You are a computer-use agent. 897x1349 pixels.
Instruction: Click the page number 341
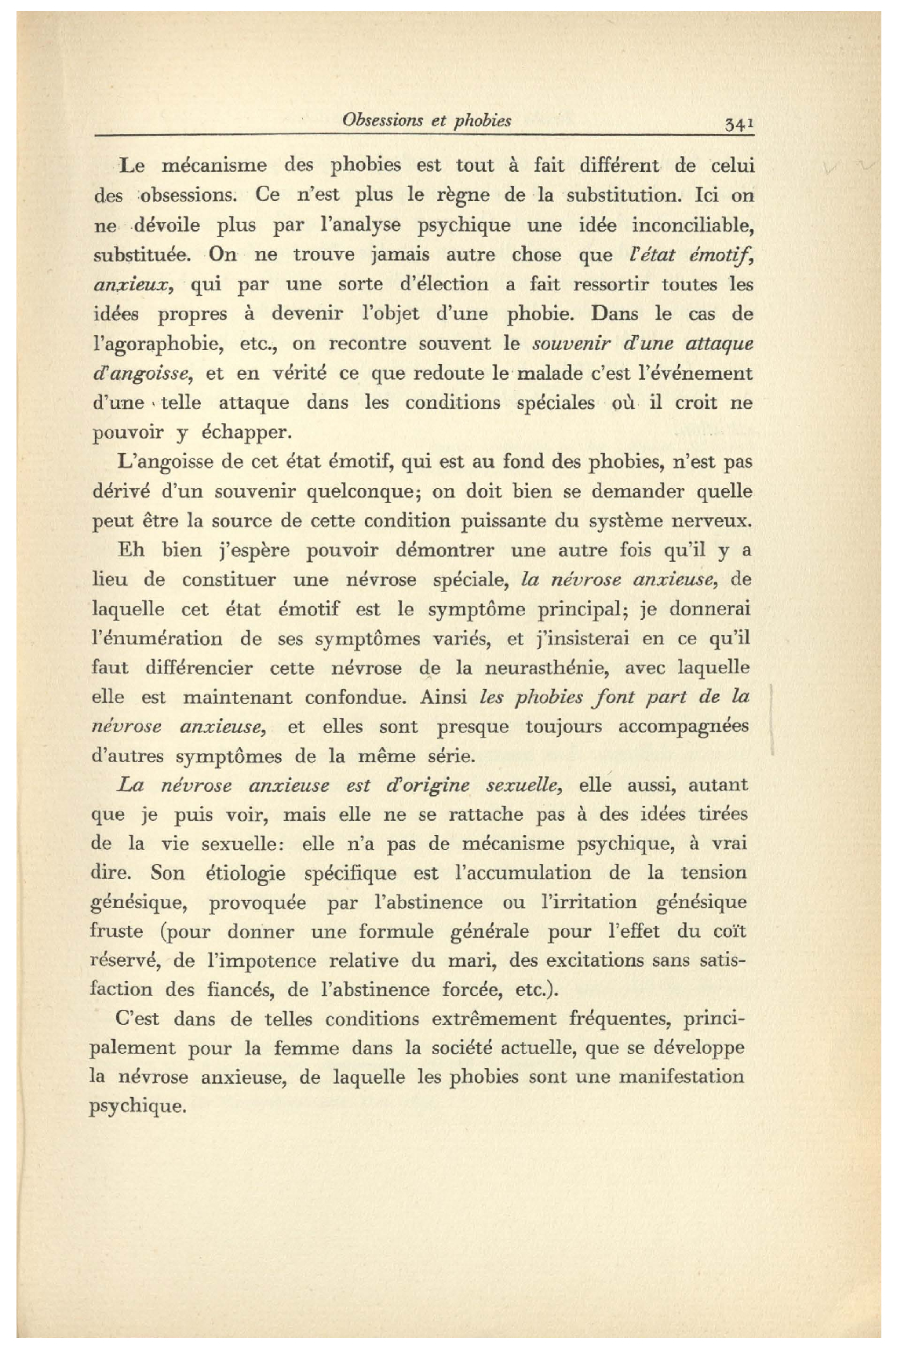(x=739, y=122)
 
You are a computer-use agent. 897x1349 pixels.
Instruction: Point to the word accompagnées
(x=684, y=726)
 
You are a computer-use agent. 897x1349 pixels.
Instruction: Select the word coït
(x=731, y=932)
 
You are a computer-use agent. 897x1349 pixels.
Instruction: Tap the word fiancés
(x=240, y=990)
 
